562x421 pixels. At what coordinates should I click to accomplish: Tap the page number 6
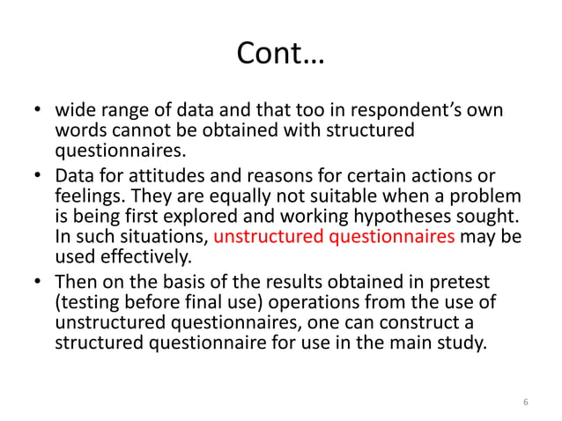[525, 403]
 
